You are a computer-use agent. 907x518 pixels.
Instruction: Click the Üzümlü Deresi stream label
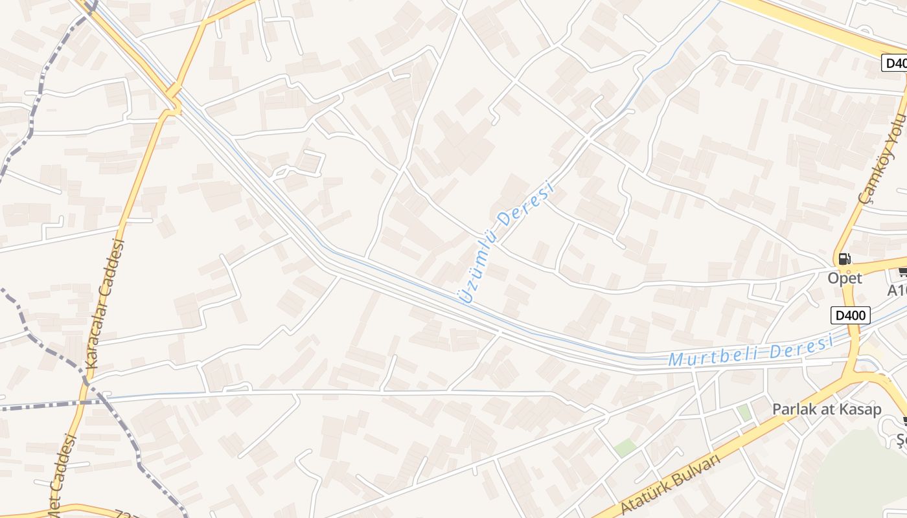coord(506,243)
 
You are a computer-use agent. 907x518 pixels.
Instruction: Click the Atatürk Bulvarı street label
coord(670,484)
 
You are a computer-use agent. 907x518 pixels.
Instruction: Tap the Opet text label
coord(845,278)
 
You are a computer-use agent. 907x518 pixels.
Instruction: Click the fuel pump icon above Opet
coord(844,259)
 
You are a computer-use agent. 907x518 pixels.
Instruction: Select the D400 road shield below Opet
coord(850,315)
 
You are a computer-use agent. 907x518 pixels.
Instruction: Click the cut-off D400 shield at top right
coord(895,63)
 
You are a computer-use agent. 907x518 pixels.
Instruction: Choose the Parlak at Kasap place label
coord(826,409)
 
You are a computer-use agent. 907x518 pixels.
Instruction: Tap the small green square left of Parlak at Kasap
coord(744,412)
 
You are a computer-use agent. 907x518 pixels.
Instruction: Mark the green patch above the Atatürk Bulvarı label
coord(625,447)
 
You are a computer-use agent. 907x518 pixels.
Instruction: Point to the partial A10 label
coord(897,291)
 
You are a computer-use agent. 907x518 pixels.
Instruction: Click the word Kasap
coord(859,409)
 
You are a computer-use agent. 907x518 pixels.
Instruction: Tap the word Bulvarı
coord(693,471)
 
